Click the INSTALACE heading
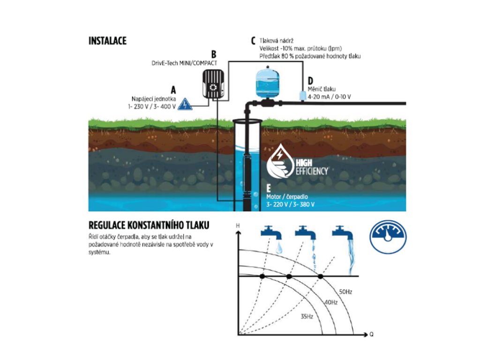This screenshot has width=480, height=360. tap(107, 41)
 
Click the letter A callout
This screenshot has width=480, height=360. tap(173, 90)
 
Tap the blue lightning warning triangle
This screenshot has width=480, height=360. tap(185, 104)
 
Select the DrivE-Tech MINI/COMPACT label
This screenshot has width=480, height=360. tap(184, 63)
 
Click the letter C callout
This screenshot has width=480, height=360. tap(253, 41)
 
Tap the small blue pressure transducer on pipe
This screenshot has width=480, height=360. tap(303, 95)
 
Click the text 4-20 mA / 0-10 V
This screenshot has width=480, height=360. tap(330, 97)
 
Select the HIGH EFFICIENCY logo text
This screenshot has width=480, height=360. tap(312, 167)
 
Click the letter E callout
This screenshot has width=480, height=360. tap(269, 188)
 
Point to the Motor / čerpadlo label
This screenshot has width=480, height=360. tap(287, 197)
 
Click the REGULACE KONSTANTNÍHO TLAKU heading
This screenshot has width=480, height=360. tap(149, 225)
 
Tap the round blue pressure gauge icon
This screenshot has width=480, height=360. tap(388, 237)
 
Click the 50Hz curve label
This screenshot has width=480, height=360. tap(345, 292)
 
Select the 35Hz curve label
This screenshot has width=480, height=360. tap(307, 316)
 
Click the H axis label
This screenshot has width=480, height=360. tap(238, 226)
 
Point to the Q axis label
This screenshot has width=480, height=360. tap(371, 335)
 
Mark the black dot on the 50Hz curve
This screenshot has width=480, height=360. tap(321, 277)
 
